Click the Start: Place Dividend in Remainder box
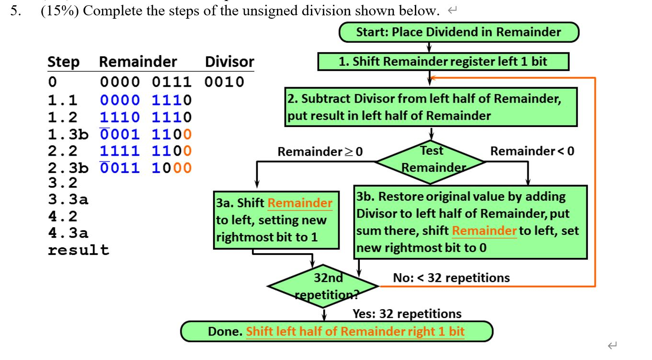pyautogui.click(x=458, y=32)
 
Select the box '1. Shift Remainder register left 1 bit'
pyautogui.click(x=443, y=62)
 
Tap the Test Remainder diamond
pyautogui.click(x=431, y=159)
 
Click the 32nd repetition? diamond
pyautogui.click(x=324, y=286)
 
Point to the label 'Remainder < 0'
pyautogui.click(x=532, y=151)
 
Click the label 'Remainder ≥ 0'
pyautogui.click(x=320, y=152)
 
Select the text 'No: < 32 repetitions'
pyautogui.click(x=451, y=278)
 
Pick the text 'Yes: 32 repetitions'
pyautogui.click(x=407, y=314)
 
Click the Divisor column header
pyautogui.click(x=229, y=62)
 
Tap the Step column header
pyautogui.click(x=63, y=62)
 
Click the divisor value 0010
pyautogui.click(x=224, y=81)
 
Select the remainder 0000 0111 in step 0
pyautogui.click(x=146, y=81)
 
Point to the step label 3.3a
pyautogui.click(x=68, y=199)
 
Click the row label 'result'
pyautogui.click(x=78, y=250)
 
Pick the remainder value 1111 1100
pyautogui.click(x=146, y=151)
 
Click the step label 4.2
pyautogui.click(x=62, y=216)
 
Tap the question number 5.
pyautogui.click(x=16, y=11)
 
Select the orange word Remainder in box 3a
pyautogui.click(x=299, y=203)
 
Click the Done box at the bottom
pyautogui.click(x=336, y=332)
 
